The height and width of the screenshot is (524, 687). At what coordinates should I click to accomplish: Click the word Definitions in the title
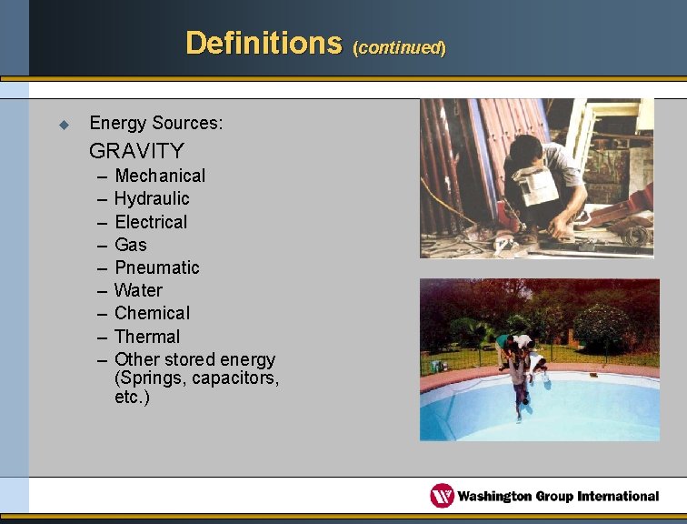263,43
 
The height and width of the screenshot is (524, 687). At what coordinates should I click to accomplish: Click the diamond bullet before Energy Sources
64,124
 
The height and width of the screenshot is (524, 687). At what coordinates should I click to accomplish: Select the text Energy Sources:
156,123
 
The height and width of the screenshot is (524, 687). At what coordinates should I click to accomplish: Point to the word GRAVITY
136,151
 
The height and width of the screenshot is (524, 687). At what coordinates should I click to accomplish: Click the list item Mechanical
160,176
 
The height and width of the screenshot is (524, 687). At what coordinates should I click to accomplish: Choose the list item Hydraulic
152,198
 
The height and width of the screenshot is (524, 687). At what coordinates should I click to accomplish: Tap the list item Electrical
151,222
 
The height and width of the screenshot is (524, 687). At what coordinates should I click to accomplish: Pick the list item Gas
130,245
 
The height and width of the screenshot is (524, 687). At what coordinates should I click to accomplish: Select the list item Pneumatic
156,267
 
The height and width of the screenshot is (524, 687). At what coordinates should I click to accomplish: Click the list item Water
138,290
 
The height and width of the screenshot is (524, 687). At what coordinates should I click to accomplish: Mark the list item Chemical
152,313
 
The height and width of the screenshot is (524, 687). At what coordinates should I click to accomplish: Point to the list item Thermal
147,337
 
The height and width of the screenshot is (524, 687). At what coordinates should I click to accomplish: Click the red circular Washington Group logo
442,496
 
